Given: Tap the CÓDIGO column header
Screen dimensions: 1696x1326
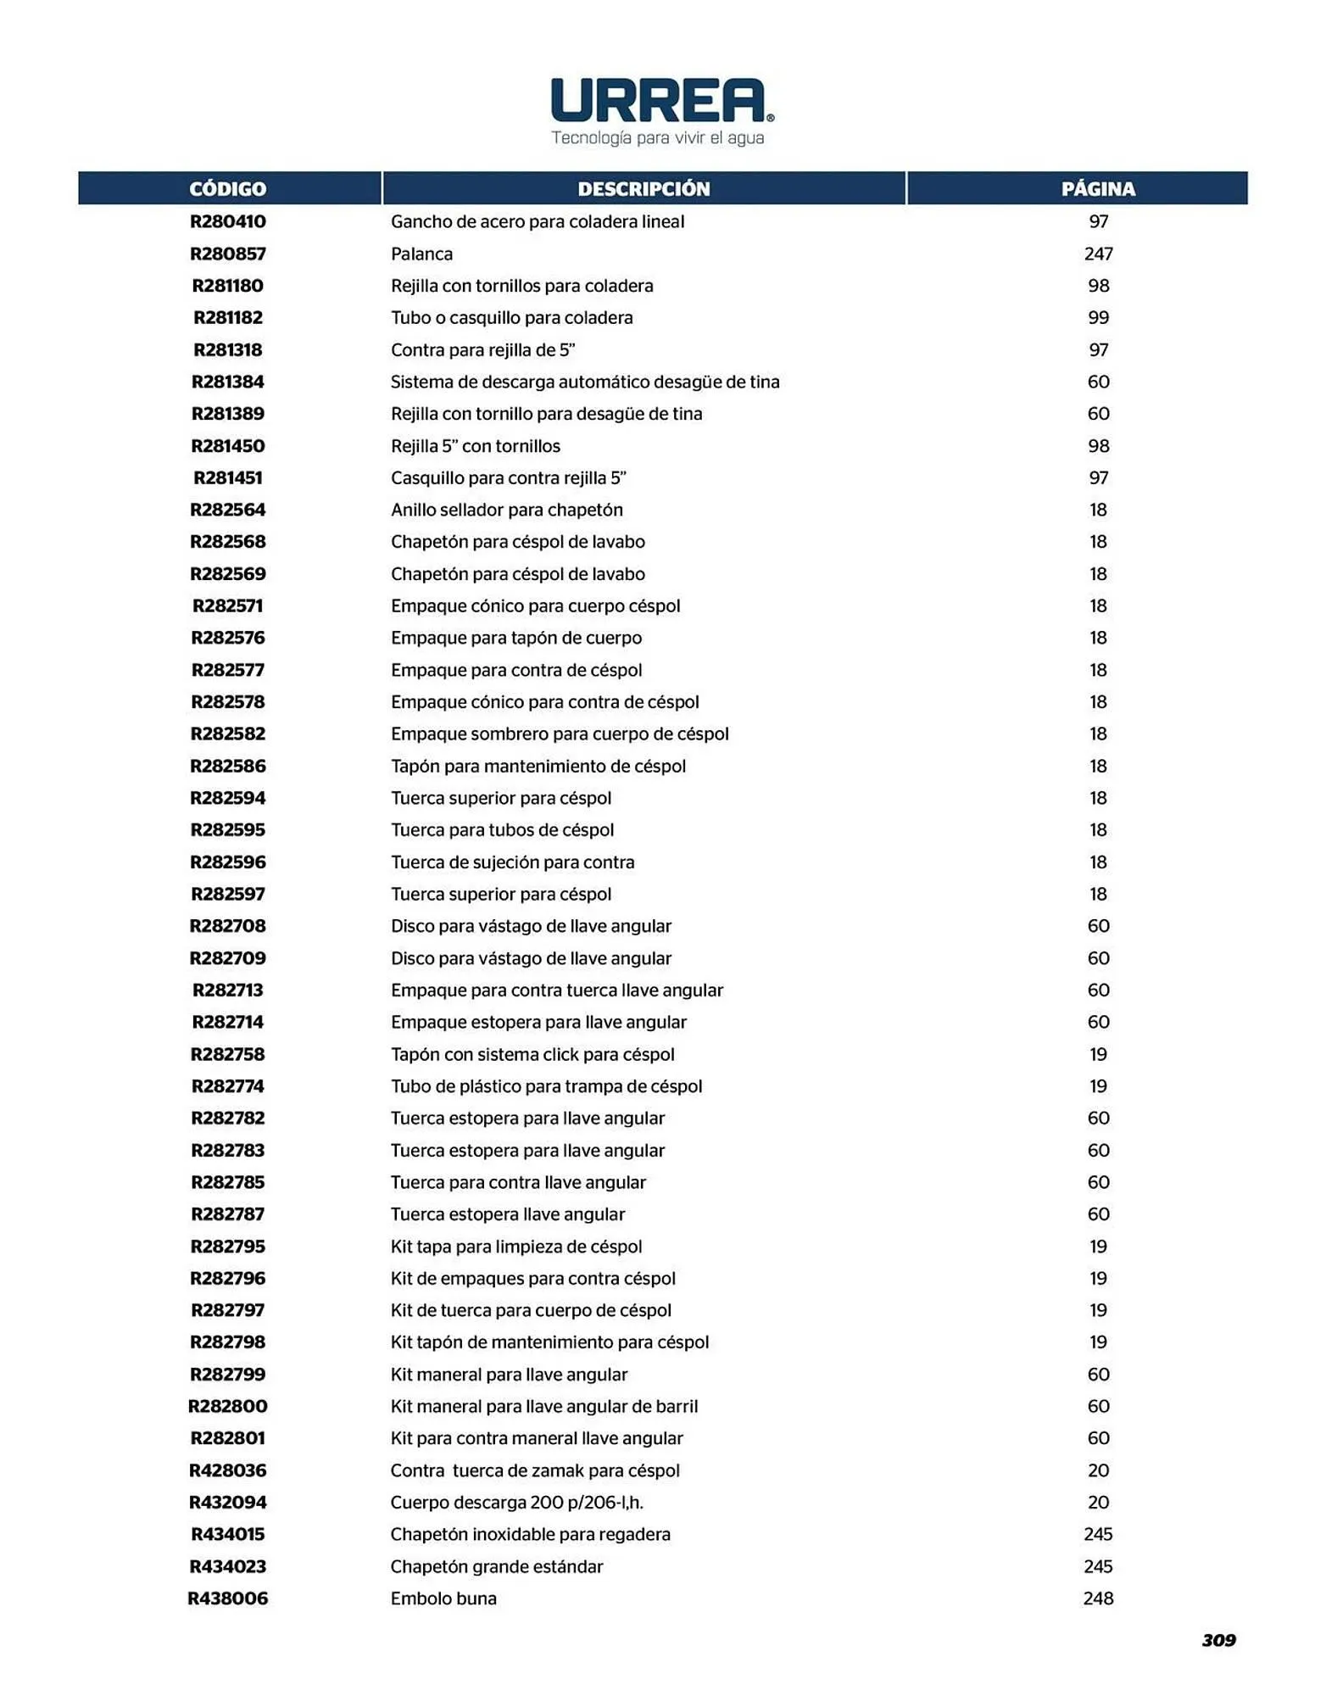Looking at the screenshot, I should (227, 188).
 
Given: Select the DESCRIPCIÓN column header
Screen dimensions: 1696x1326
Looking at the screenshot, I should (643, 188).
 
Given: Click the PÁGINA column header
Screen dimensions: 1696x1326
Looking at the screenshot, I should (1098, 188).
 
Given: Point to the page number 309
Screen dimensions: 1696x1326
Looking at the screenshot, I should (1218, 1640).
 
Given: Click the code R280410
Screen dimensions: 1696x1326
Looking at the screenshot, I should (227, 221).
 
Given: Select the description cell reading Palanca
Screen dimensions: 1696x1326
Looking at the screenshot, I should (421, 254).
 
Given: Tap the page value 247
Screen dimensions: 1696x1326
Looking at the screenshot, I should (1098, 254).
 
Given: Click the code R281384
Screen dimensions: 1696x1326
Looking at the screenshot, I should (227, 382).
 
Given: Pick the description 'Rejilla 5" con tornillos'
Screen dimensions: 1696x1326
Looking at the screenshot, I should (475, 446).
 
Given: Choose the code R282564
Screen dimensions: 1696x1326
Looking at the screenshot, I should (227, 510).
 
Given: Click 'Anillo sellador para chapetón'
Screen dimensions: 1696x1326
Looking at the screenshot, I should (506, 510).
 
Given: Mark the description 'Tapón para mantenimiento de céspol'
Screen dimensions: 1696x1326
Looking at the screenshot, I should (538, 766).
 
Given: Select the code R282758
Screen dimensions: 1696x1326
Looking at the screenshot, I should (227, 1054).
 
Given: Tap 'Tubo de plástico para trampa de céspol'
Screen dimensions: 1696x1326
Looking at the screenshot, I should (546, 1086).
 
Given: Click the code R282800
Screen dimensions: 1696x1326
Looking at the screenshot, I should (227, 1406).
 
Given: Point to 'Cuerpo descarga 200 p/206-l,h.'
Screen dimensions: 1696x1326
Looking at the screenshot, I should (516, 1503).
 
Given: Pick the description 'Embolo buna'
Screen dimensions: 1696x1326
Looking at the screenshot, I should (443, 1598).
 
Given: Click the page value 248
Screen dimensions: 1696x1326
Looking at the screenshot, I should (1098, 1598).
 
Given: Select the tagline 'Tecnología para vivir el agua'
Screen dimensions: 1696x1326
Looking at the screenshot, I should (658, 137).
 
